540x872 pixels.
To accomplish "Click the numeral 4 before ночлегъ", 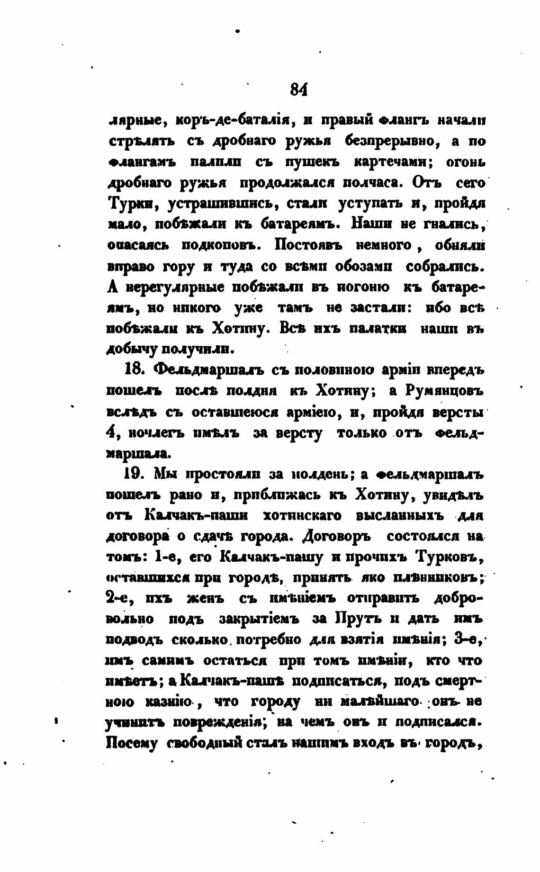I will (111, 432).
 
